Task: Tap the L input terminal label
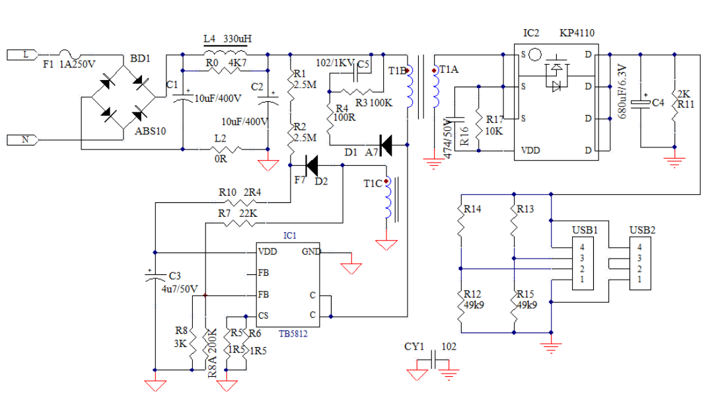pyautogui.click(x=25, y=55)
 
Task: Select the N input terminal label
pyautogui.click(x=25, y=139)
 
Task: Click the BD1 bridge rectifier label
pyautogui.click(x=140, y=59)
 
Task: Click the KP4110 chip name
pyautogui.click(x=577, y=33)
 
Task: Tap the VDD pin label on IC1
pyautogui.click(x=268, y=252)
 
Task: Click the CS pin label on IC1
pyautogui.click(x=263, y=315)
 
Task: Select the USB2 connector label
pyautogui.click(x=642, y=230)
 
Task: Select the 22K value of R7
pyautogui.click(x=248, y=214)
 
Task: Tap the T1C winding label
pyautogui.click(x=372, y=183)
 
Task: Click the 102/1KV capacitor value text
pyautogui.click(x=335, y=63)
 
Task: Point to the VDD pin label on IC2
pyautogui.click(x=530, y=149)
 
